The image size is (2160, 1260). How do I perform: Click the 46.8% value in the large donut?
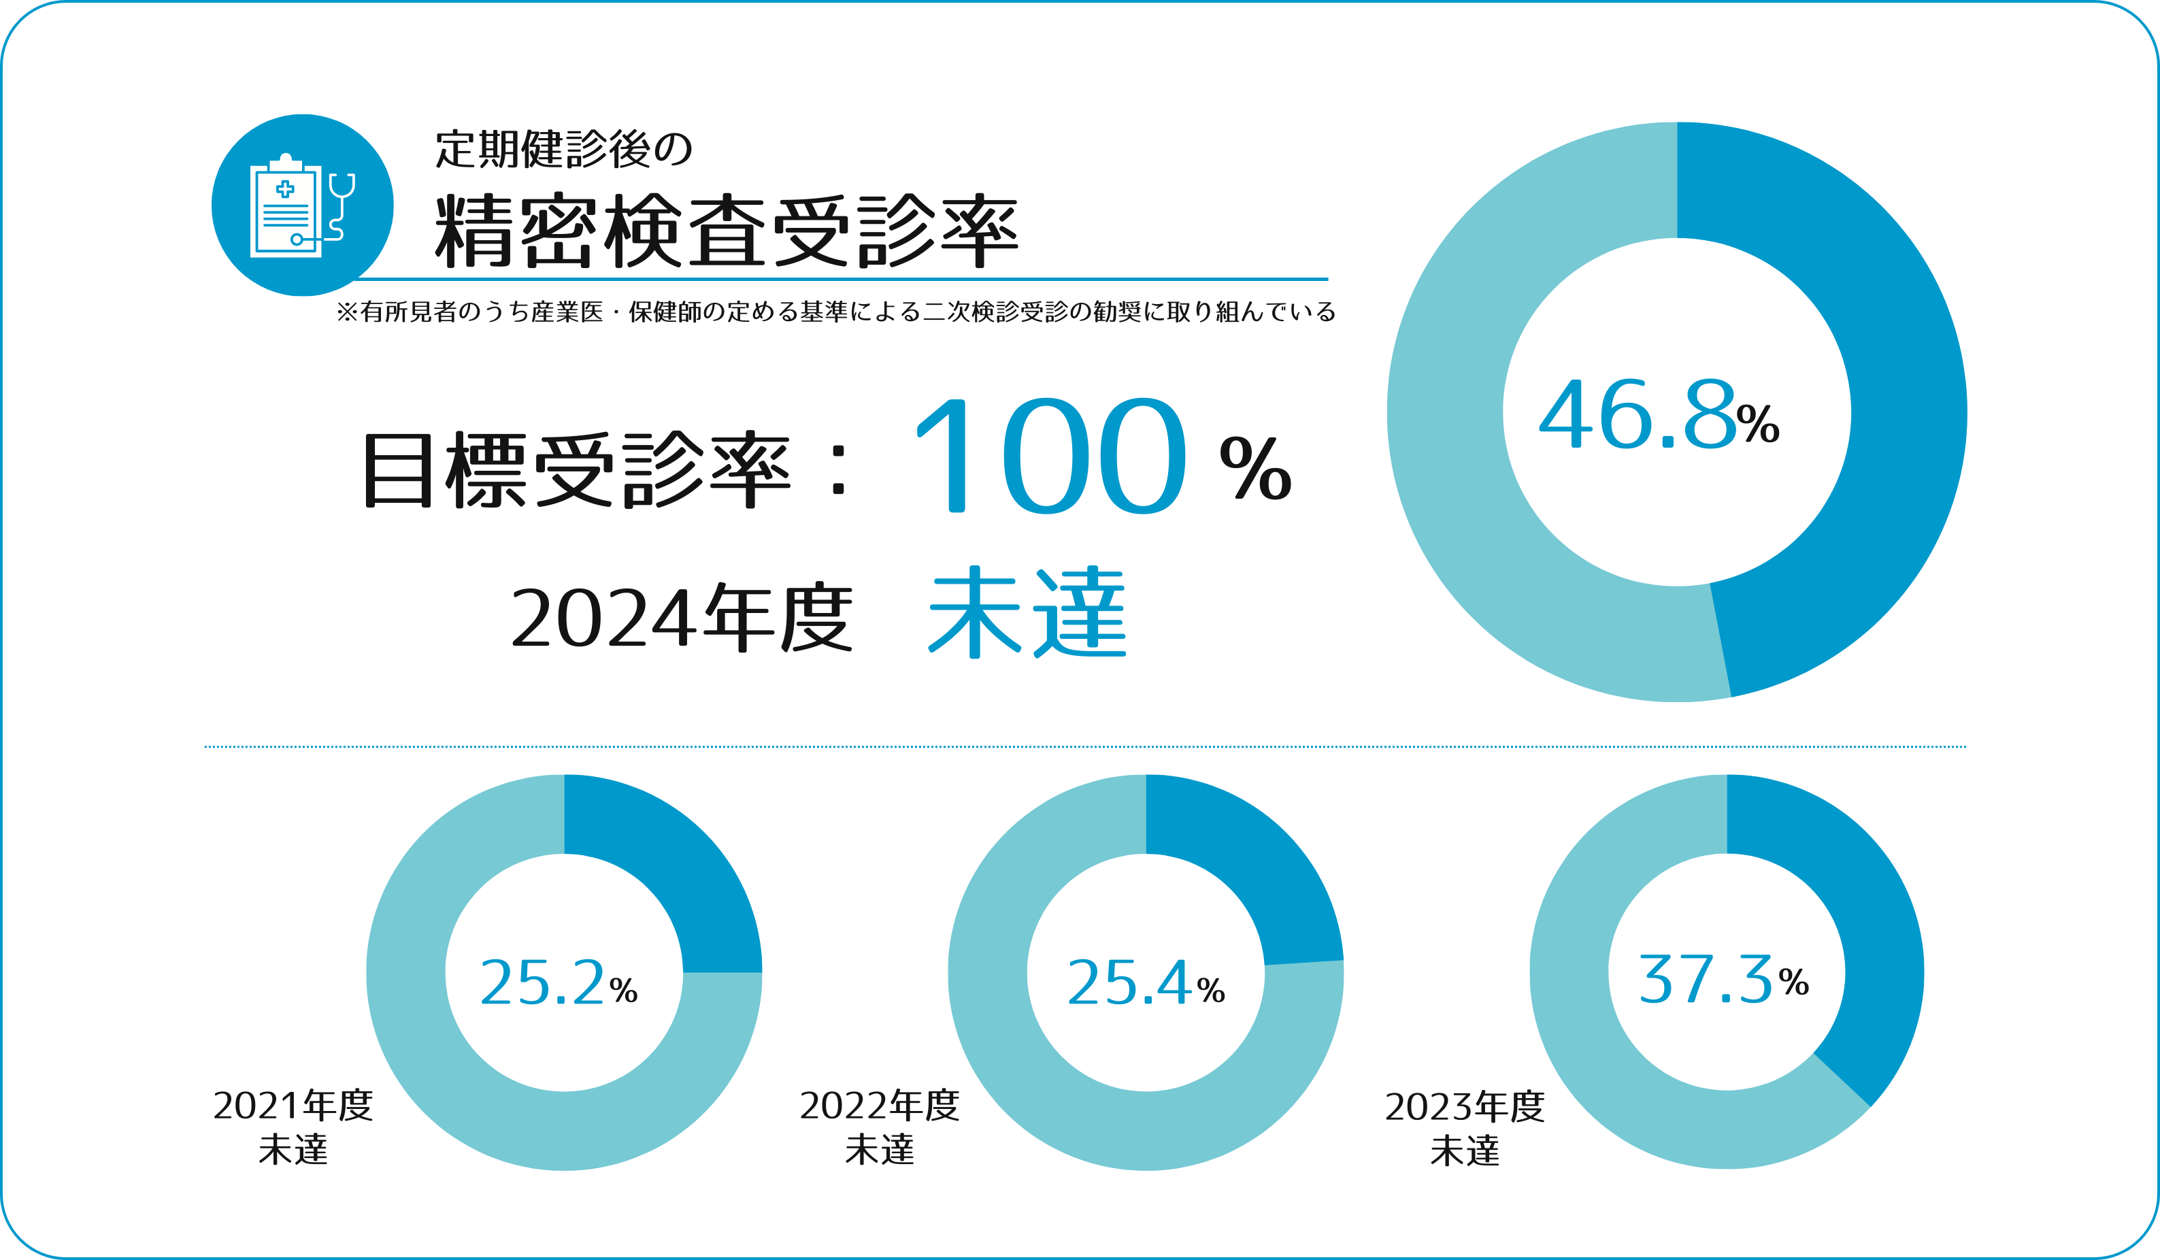[1659, 415]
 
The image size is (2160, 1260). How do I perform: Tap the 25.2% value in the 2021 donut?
[558, 982]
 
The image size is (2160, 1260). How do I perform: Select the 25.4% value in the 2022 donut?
[1145, 982]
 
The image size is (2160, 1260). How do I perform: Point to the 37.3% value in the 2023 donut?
[1723, 979]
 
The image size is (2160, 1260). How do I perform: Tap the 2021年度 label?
[293, 1106]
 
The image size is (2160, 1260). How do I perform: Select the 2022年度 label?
[880, 1106]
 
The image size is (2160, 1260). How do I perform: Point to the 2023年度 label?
[1465, 1106]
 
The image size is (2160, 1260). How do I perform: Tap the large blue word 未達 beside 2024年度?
[1027, 612]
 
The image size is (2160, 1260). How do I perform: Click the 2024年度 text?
[682, 617]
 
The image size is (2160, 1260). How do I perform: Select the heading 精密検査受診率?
[726, 230]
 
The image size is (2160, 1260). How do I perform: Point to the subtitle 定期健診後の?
[563, 149]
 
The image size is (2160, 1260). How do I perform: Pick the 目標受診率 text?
[576, 469]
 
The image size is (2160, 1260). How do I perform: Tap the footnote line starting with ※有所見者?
[835, 312]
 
